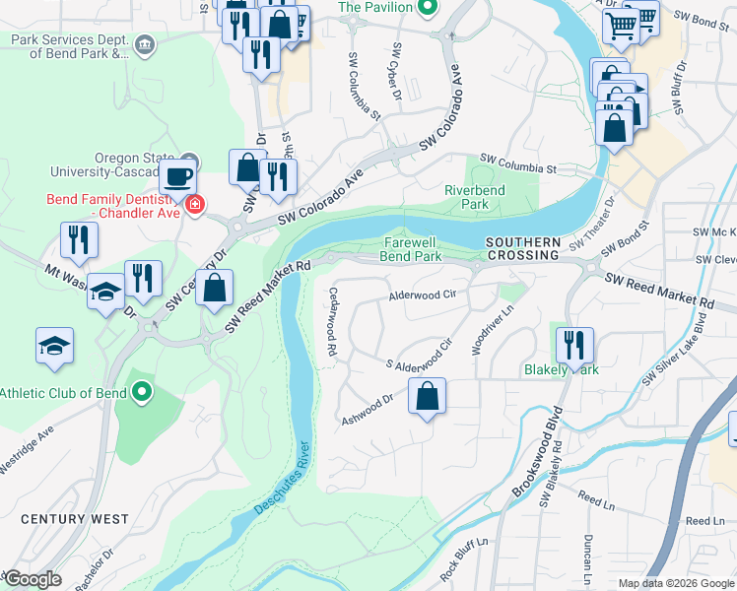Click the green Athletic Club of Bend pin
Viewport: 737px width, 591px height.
tap(142, 393)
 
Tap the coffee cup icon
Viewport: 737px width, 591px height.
tap(177, 177)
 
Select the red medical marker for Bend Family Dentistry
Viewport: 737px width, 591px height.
tap(195, 205)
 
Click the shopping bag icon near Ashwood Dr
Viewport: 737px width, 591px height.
tap(427, 397)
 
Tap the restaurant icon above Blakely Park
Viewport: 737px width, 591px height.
tap(574, 346)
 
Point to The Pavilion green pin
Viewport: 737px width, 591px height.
tap(427, 8)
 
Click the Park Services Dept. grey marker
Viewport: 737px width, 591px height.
tap(145, 44)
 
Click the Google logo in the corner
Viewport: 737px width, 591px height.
tap(32, 579)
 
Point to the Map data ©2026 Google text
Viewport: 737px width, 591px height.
tap(676, 583)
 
